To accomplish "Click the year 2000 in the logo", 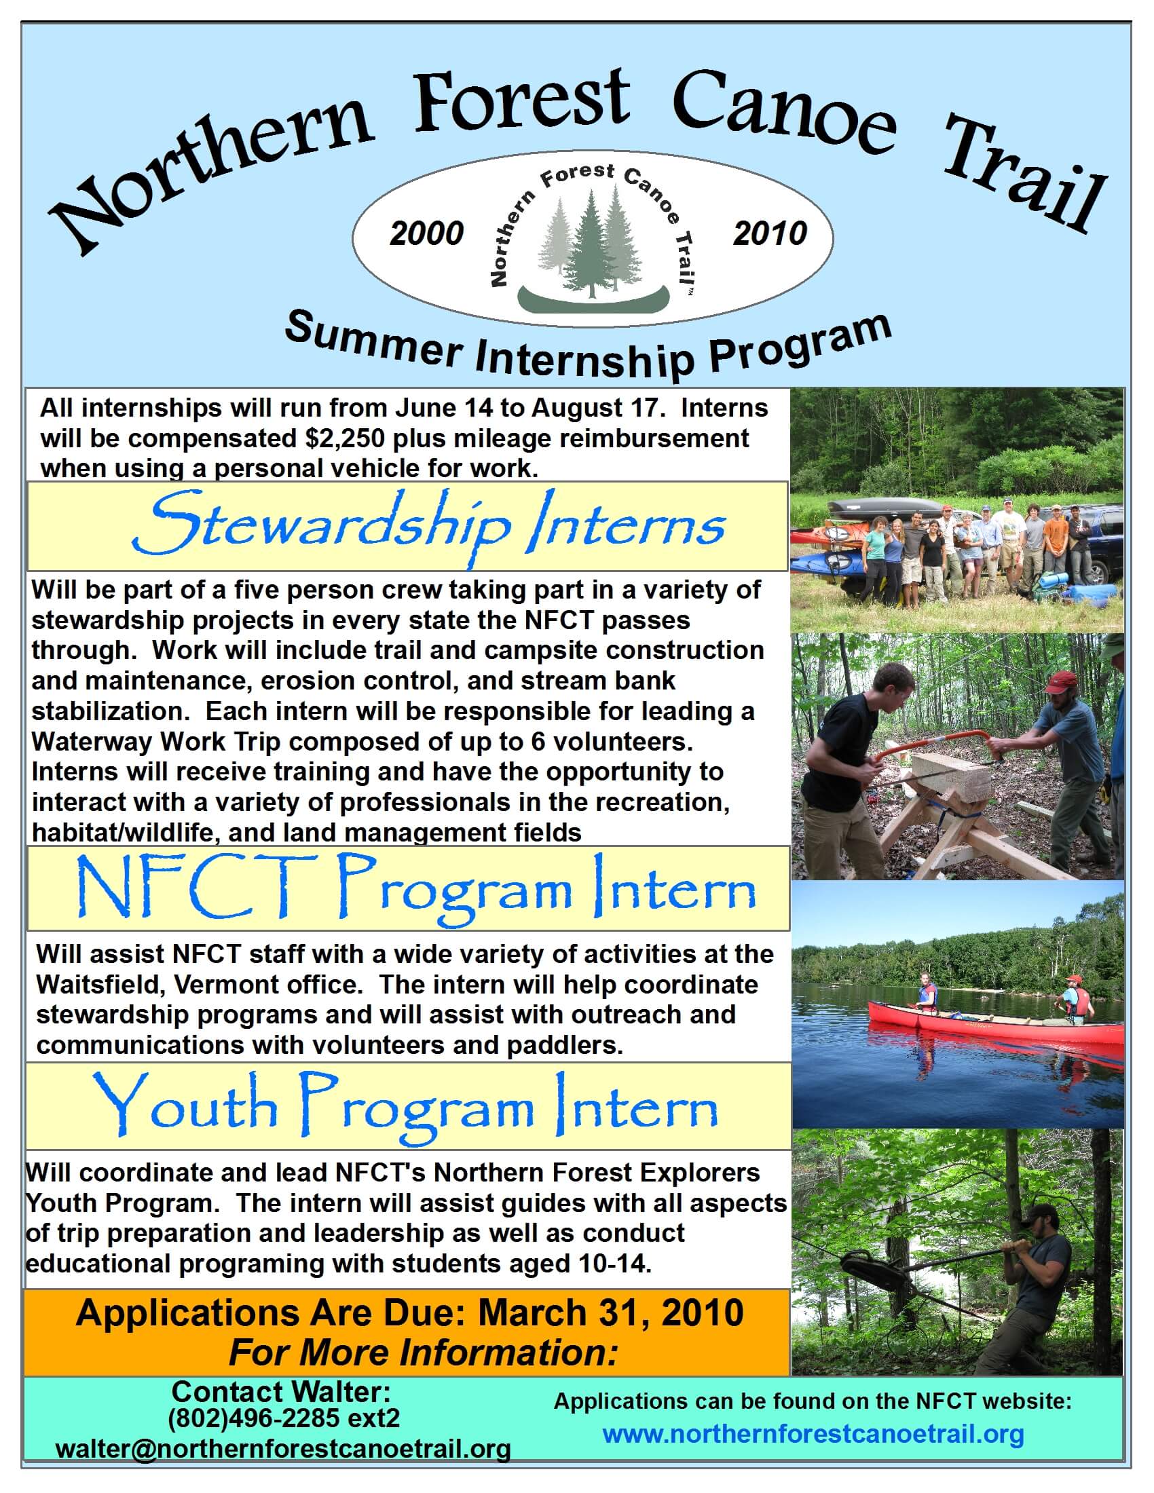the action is click(x=426, y=234).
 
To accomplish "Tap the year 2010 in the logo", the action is click(x=769, y=234).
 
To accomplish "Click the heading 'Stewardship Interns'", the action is click(x=428, y=527).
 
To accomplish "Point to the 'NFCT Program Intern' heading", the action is click(x=416, y=889).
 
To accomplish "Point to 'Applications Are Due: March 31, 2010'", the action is click(x=409, y=1312).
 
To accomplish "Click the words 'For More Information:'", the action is click(x=423, y=1352).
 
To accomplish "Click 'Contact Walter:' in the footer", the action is click(x=281, y=1391).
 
